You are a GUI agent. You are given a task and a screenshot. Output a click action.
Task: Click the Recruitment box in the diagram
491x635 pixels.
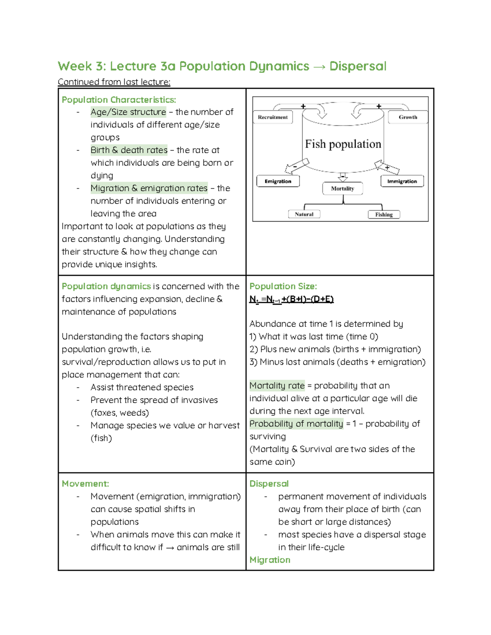pyautogui.click(x=273, y=117)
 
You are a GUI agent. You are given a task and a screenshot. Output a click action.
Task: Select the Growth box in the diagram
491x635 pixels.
pyautogui.click(x=408, y=117)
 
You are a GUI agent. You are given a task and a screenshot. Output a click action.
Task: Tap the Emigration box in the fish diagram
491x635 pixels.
pyautogui.click(x=278, y=181)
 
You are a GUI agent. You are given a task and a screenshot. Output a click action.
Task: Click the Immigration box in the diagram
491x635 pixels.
pyautogui.click(x=402, y=181)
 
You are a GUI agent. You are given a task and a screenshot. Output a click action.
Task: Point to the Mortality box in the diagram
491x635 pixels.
pyautogui.click(x=342, y=188)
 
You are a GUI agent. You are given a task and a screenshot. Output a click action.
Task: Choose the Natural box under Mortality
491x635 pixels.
pyautogui.click(x=304, y=214)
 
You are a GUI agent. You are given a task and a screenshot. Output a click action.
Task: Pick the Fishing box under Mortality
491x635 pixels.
pyautogui.click(x=384, y=214)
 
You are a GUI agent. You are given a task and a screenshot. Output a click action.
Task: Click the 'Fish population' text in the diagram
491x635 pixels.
pyautogui.click(x=343, y=144)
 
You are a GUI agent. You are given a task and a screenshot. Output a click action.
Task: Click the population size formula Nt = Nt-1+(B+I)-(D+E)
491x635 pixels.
pyautogui.click(x=291, y=299)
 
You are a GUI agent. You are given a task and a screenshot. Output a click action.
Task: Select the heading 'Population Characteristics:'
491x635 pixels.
pyautogui.click(x=119, y=100)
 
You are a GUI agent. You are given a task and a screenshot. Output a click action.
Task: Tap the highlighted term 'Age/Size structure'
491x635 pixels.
pyautogui.click(x=128, y=112)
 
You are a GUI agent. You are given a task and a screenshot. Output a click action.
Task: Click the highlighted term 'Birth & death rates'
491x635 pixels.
pyautogui.click(x=129, y=150)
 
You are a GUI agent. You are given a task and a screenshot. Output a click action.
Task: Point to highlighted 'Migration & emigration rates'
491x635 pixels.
pyautogui.click(x=149, y=188)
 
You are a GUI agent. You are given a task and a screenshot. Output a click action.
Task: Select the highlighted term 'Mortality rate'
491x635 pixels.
pyautogui.click(x=277, y=386)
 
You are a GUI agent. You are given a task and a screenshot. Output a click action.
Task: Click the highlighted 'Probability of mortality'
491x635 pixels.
pyautogui.click(x=296, y=424)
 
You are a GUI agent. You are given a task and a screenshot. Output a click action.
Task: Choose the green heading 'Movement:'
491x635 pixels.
pyautogui.click(x=85, y=484)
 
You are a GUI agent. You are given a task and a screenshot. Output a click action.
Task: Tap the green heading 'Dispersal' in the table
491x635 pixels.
pyautogui.click(x=269, y=484)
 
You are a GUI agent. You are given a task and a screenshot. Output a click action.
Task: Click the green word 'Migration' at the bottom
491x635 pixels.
pyautogui.click(x=270, y=560)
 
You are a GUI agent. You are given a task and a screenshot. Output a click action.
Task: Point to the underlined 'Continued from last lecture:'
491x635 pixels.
pyautogui.click(x=114, y=82)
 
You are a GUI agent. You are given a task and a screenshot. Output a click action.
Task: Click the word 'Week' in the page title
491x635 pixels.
pyautogui.click(x=74, y=66)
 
